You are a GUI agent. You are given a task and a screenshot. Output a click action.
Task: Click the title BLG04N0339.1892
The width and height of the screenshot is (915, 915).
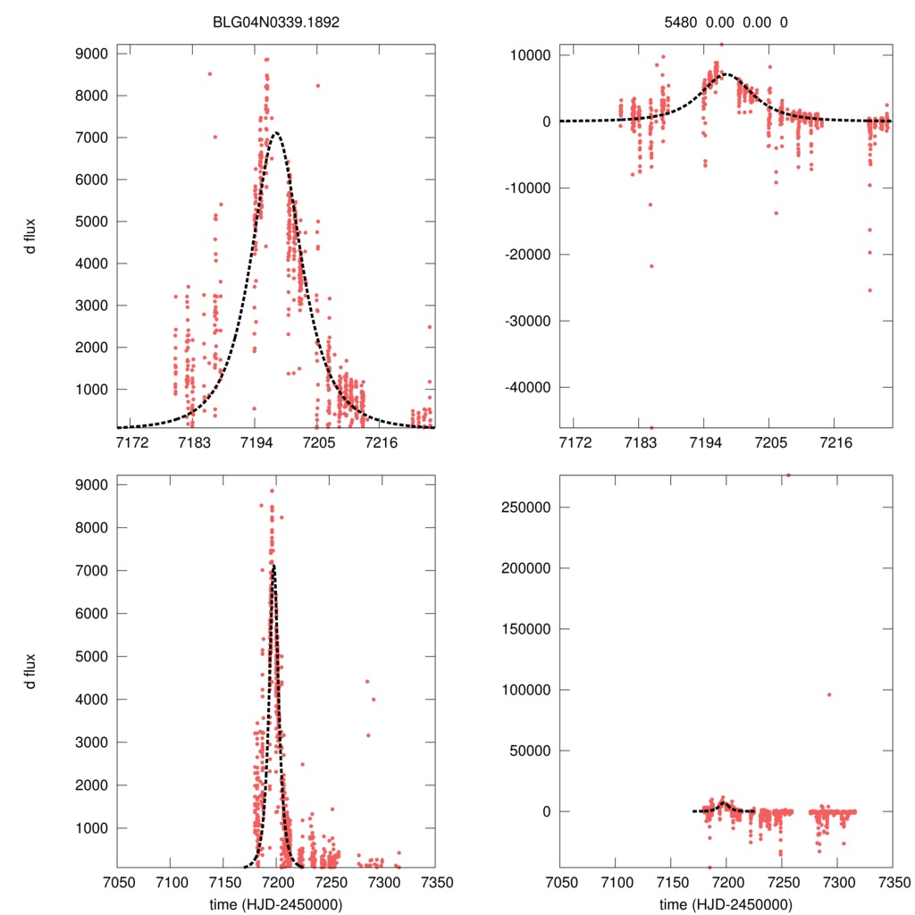click(x=276, y=21)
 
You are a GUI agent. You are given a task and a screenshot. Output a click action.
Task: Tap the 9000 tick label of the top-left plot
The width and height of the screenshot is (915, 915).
click(x=92, y=54)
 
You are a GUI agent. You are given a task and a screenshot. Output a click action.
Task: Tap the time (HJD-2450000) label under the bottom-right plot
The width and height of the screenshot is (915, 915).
click(x=726, y=904)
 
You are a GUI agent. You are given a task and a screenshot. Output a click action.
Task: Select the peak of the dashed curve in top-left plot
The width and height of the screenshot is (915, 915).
click(x=277, y=134)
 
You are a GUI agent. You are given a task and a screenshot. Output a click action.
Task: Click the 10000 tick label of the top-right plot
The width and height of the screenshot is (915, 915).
click(x=527, y=55)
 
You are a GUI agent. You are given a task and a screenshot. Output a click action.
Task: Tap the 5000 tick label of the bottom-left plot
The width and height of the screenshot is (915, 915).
click(x=92, y=657)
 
